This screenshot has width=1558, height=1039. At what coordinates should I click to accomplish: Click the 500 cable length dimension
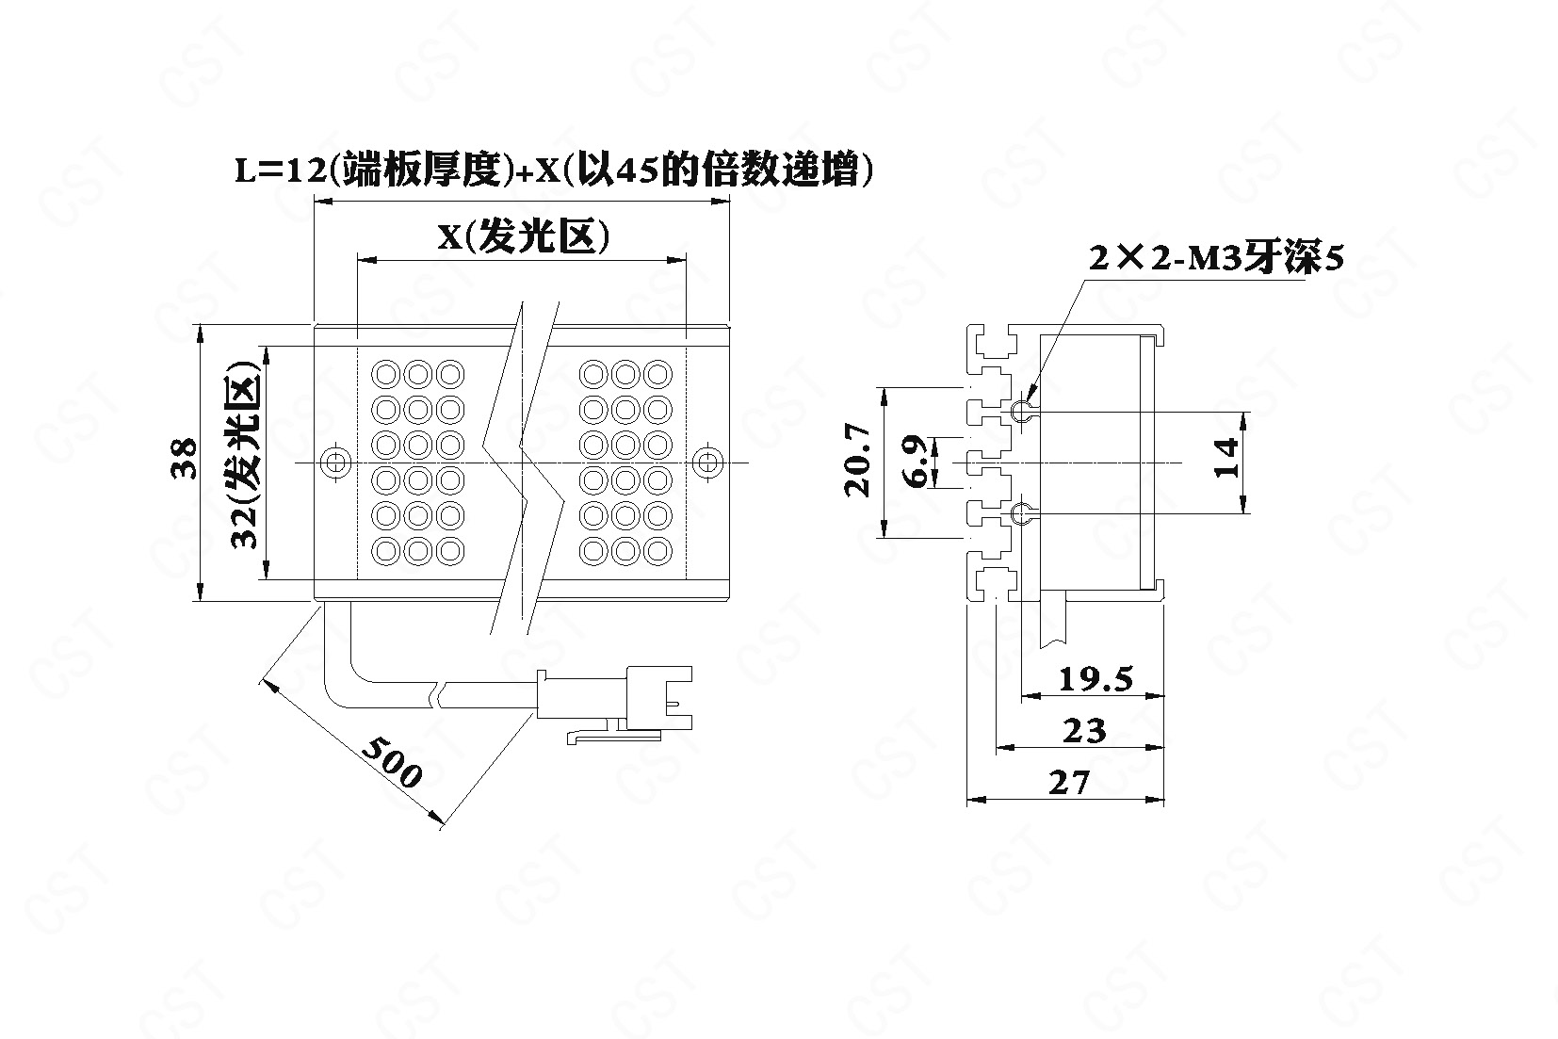coord(391,762)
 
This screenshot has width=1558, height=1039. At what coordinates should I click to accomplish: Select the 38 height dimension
coord(186,459)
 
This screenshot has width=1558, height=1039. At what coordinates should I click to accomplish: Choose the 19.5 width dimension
coord(1095,678)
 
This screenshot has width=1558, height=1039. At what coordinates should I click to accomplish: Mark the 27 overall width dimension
coord(1068,782)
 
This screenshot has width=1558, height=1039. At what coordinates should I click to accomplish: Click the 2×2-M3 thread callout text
coord(1215,257)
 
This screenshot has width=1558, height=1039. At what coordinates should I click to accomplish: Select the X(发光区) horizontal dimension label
coord(523,237)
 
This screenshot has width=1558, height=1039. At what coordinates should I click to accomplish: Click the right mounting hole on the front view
coord(708,462)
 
